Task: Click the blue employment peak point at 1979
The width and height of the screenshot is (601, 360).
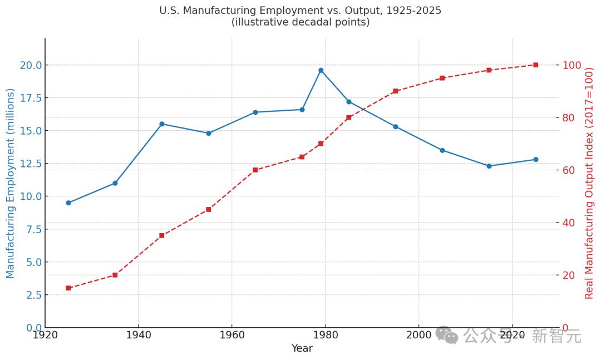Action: coord(321,70)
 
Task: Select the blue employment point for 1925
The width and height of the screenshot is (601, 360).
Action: coord(68,203)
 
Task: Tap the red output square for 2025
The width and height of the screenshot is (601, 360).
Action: coord(535,65)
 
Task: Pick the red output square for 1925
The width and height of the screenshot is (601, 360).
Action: coord(68,288)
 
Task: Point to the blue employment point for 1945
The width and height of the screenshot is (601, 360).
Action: coord(162,124)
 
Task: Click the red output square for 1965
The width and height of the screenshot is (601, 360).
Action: coord(255,170)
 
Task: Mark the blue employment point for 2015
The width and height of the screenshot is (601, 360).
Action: coord(489,166)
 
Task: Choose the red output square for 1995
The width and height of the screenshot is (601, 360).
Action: coord(395,91)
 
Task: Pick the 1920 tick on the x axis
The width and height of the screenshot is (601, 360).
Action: coord(45,335)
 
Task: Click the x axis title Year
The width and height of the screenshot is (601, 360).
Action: coord(302,349)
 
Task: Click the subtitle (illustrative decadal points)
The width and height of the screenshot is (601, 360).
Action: coord(300,23)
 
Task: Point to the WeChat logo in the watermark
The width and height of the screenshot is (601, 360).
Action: coord(447,335)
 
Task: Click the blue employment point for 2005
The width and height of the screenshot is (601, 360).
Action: coord(442,150)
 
